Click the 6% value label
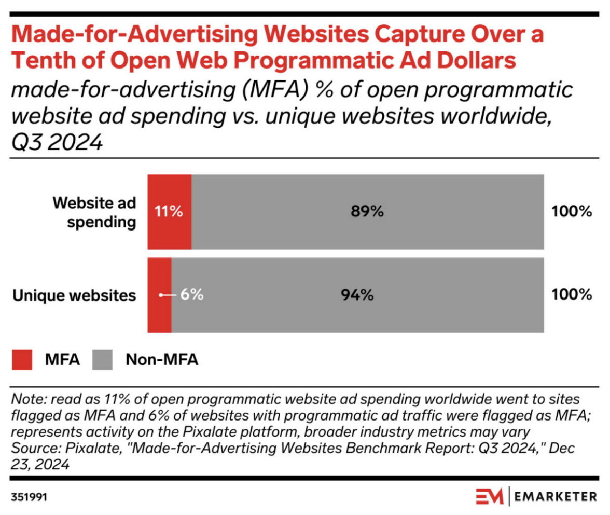pos(192,295)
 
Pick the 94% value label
pos(357,295)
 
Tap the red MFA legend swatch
pos(22,360)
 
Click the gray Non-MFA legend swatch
pos(103,360)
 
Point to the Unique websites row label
pos(74,295)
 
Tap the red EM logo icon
pos(490,497)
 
